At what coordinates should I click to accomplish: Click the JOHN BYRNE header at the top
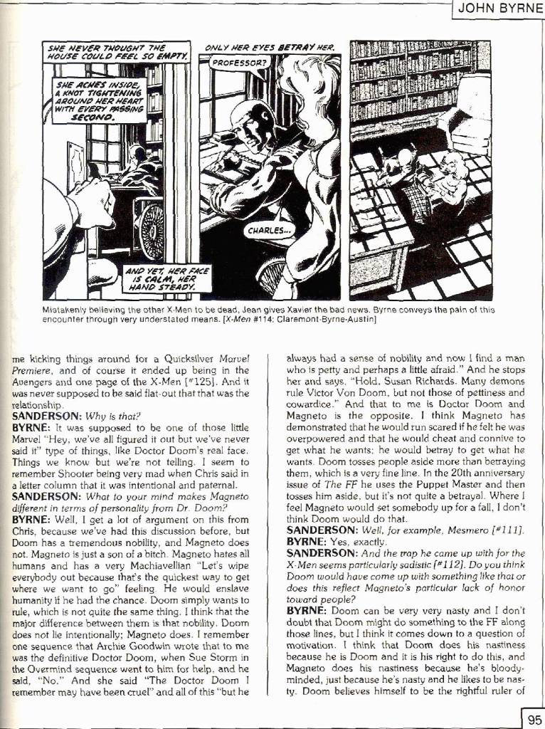tap(499, 9)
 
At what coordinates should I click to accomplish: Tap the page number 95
tap(533, 719)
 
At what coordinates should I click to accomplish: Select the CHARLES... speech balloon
tap(268, 231)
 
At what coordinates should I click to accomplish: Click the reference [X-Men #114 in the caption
tap(249, 320)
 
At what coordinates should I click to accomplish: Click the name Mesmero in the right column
tap(426, 530)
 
